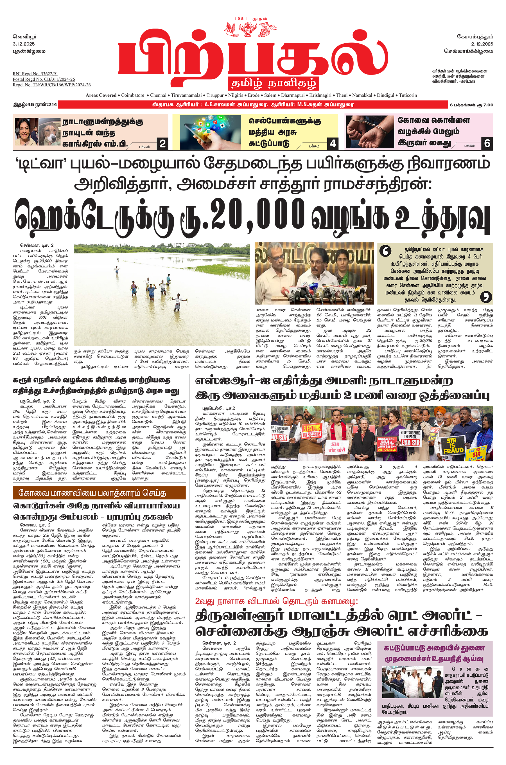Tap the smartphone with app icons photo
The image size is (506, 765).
[210, 132]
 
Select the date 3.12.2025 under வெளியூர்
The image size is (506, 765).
[24, 44]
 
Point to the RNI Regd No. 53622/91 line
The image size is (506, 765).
[35, 74]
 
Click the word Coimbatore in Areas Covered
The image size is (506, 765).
[133, 95]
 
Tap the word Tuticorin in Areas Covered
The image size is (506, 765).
[408, 95]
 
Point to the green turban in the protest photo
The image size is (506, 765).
[310, 410]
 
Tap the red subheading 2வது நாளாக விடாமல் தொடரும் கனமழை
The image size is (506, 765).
[276, 601]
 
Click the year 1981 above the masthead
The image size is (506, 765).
[241, 19]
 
